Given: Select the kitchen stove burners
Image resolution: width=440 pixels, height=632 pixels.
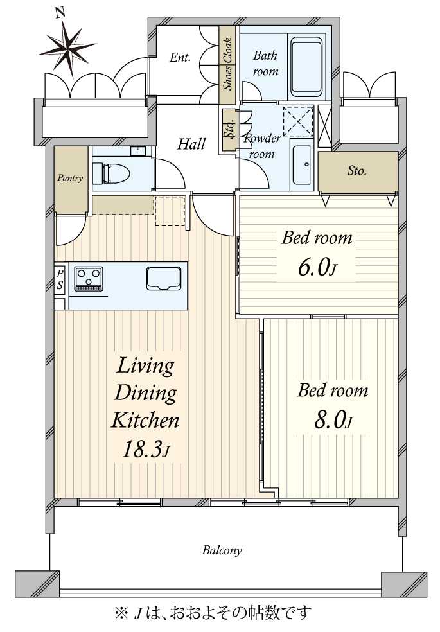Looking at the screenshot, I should click(88, 279).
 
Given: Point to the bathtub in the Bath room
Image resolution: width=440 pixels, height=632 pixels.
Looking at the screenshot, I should click(307, 66).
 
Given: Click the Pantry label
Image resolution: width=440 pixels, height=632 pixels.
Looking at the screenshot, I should click(70, 178).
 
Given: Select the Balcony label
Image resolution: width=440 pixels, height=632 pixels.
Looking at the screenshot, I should click(222, 550).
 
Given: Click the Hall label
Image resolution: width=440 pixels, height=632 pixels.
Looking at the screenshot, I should click(191, 144).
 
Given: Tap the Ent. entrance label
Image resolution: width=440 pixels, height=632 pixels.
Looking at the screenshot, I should click(180, 58).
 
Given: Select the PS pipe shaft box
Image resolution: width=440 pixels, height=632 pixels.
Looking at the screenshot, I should click(60, 279).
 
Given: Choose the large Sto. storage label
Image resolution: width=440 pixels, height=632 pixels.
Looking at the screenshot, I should click(357, 171).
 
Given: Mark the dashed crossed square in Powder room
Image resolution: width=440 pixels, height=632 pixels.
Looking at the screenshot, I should click(297, 119).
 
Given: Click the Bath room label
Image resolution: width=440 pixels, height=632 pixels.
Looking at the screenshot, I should click(265, 63).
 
